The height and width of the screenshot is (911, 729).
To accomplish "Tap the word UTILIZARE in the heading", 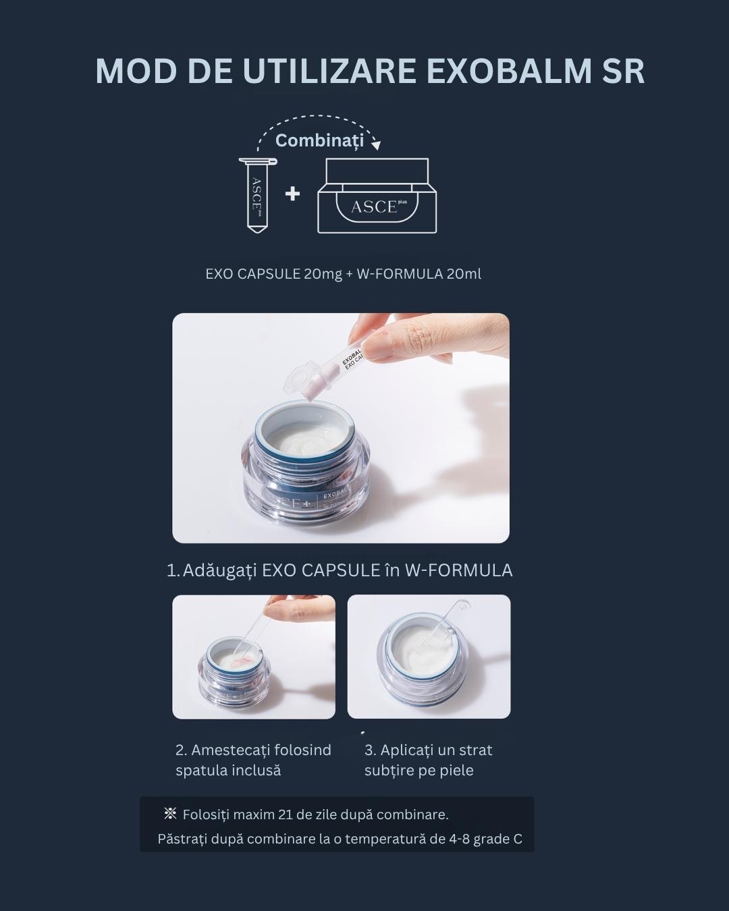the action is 329,71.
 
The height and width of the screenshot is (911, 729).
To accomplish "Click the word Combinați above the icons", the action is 320,140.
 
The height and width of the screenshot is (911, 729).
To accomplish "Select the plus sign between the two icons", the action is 292,194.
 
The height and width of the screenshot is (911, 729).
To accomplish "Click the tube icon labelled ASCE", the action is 258,195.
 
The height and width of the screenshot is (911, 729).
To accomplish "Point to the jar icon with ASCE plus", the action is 377,196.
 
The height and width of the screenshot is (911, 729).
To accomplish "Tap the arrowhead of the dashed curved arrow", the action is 376,145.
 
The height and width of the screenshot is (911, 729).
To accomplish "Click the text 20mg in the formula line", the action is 323,275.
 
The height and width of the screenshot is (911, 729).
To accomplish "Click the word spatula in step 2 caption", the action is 201,771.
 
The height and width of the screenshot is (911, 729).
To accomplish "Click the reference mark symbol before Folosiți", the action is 170,812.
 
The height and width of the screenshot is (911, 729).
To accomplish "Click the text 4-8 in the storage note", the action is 459,839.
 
